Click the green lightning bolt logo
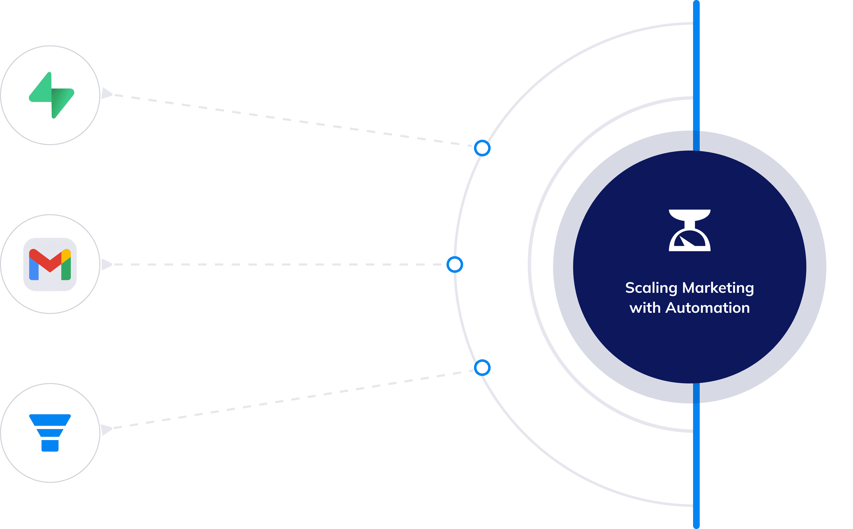51,95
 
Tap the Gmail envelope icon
50,264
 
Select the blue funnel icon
50,433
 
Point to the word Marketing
718,288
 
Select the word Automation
708,308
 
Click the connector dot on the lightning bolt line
482,148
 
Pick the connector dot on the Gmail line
455,264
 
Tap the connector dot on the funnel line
482,368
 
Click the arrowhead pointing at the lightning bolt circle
106,93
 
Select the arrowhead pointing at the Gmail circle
106,264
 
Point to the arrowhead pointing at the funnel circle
106,429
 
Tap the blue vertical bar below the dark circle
696,455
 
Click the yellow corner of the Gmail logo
66,254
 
